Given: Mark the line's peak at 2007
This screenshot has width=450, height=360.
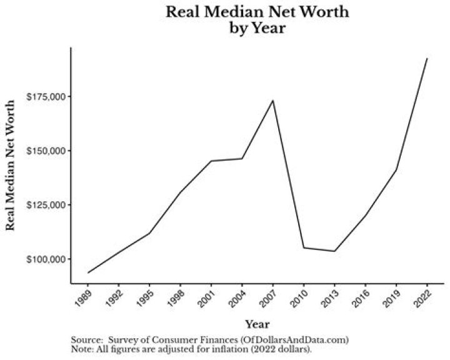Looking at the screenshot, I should tap(273, 101).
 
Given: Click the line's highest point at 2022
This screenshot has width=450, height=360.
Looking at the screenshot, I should tap(427, 58).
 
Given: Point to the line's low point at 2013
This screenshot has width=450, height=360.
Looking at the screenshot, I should tap(335, 251).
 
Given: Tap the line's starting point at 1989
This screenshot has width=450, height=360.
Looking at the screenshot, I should tap(89, 272).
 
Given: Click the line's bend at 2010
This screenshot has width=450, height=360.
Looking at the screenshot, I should tap(304, 247).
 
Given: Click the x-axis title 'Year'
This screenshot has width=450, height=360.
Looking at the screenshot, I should tap(257, 324).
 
